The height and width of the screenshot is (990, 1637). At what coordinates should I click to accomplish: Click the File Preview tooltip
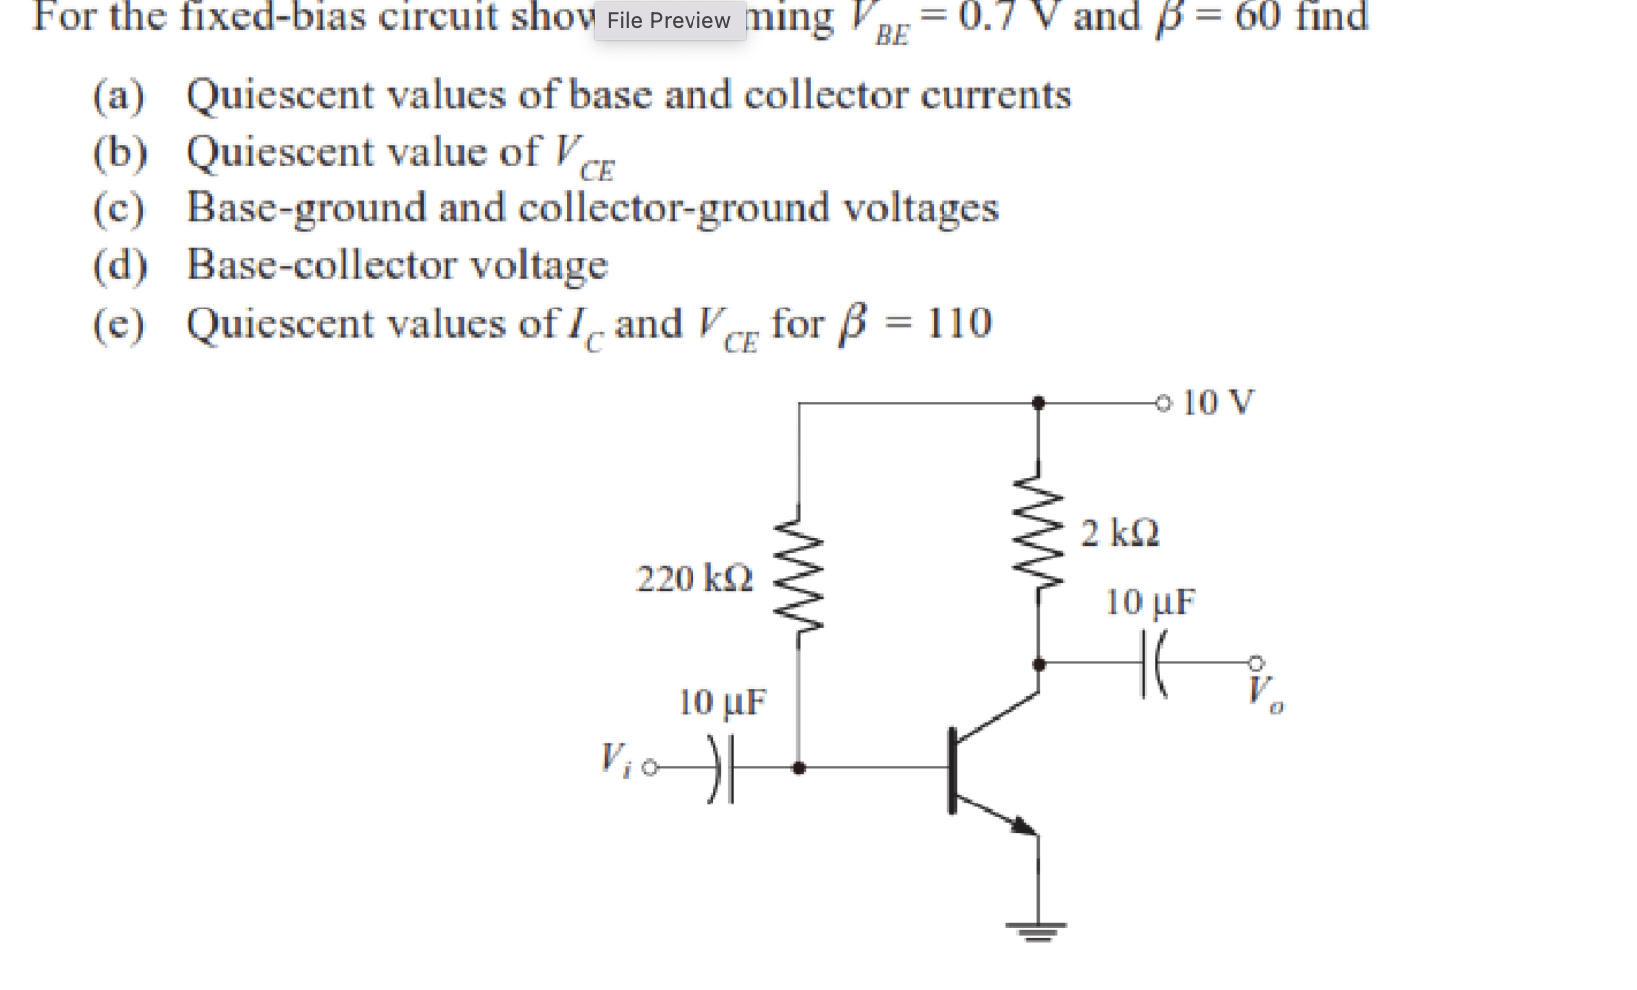tap(670, 20)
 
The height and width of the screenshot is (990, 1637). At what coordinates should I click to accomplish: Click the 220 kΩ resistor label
tap(693, 578)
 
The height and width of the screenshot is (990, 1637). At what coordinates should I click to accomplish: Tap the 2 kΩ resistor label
tap(1120, 534)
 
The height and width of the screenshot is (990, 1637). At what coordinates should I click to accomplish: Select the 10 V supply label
tap(1217, 402)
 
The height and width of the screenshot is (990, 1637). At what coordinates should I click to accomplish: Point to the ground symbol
tap(1037, 929)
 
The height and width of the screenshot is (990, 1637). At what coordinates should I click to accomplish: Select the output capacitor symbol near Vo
tap(1154, 663)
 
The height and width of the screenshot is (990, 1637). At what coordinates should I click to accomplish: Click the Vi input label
tap(614, 762)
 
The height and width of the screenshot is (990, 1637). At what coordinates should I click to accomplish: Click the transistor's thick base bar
tap(953, 770)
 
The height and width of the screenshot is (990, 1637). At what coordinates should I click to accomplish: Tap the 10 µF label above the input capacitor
tap(721, 703)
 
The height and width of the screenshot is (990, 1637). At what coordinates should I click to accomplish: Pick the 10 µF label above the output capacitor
tap(1150, 602)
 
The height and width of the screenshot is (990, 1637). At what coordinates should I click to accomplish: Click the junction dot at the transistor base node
tap(799, 768)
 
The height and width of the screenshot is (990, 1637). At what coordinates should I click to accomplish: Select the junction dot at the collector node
tap(1038, 663)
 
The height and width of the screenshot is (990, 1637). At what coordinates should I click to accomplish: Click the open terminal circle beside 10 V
tap(1163, 403)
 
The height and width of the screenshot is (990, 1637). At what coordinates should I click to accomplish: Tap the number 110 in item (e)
tap(958, 323)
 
